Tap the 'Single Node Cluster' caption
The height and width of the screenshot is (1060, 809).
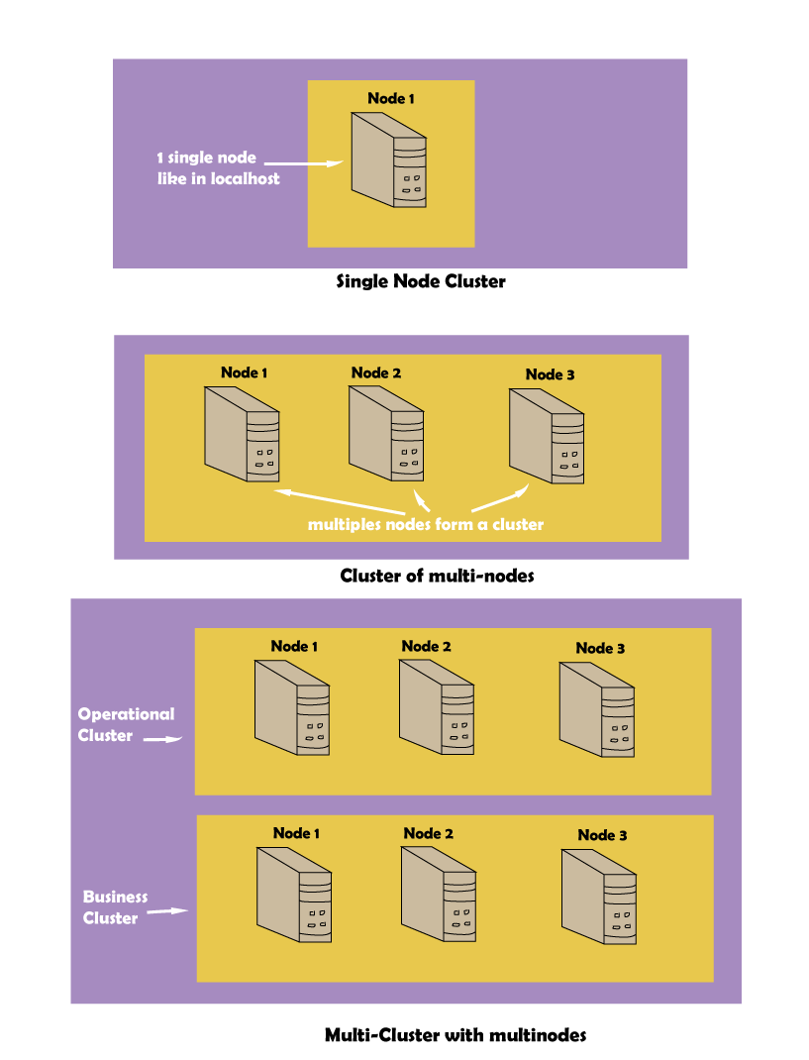tap(421, 281)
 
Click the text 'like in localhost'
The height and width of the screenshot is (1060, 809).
tap(218, 179)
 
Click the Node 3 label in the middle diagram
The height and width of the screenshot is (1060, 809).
tap(550, 374)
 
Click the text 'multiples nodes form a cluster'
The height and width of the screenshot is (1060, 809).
tap(426, 524)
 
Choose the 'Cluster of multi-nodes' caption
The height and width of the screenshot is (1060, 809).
tap(437, 576)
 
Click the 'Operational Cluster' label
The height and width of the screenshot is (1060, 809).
tap(125, 724)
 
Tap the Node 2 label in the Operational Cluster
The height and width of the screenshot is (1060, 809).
tap(426, 646)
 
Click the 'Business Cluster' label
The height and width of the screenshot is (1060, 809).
tap(115, 907)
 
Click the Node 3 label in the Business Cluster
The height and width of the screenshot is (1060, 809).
tap(602, 835)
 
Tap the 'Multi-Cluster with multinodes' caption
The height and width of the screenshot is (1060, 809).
tap(455, 1035)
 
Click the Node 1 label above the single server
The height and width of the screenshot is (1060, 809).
tap(391, 98)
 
